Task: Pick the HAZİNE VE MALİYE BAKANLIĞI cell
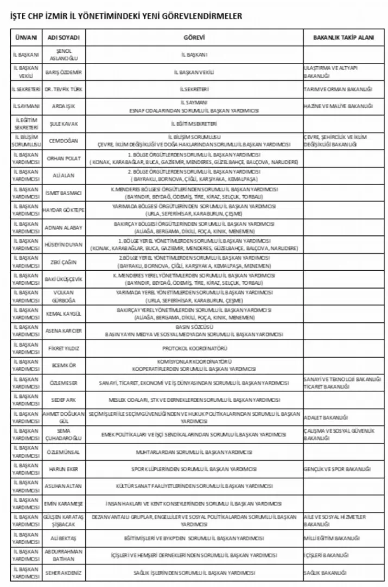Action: tap(338, 106)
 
